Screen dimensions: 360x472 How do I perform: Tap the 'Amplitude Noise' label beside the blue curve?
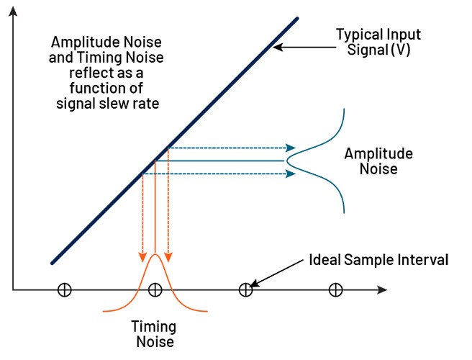pyautogui.click(x=378, y=161)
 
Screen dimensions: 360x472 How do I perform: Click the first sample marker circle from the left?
pyautogui.click(x=64, y=289)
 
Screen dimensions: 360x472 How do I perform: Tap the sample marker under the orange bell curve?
pyautogui.click(x=155, y=289)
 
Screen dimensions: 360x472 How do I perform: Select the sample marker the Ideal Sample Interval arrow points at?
pyautogui.click(x=245, y=289)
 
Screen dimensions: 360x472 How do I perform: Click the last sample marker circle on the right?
pyautogui.click(x=335, y=289)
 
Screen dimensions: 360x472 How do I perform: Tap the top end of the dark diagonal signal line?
pyautogui.click(x=296, y=19)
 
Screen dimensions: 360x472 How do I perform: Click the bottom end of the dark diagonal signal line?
pyautogui.click(x=53, y=262)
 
